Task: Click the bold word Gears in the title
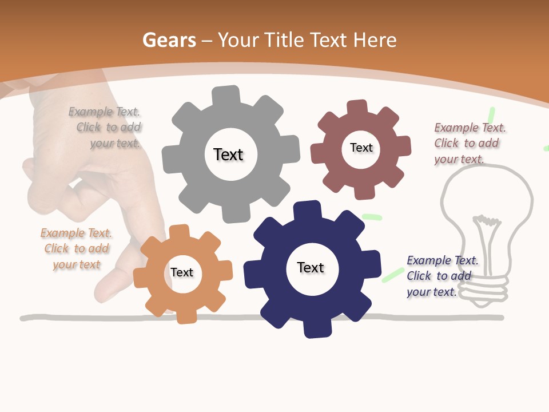169,40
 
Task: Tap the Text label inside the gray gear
228,154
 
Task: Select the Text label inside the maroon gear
361,148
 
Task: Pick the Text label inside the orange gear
182,272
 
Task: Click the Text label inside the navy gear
311,267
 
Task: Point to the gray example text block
105,128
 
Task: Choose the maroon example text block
470,143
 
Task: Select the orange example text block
76,248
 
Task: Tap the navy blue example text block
442,276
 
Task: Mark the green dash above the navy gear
372,217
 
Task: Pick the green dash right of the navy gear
393,274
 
